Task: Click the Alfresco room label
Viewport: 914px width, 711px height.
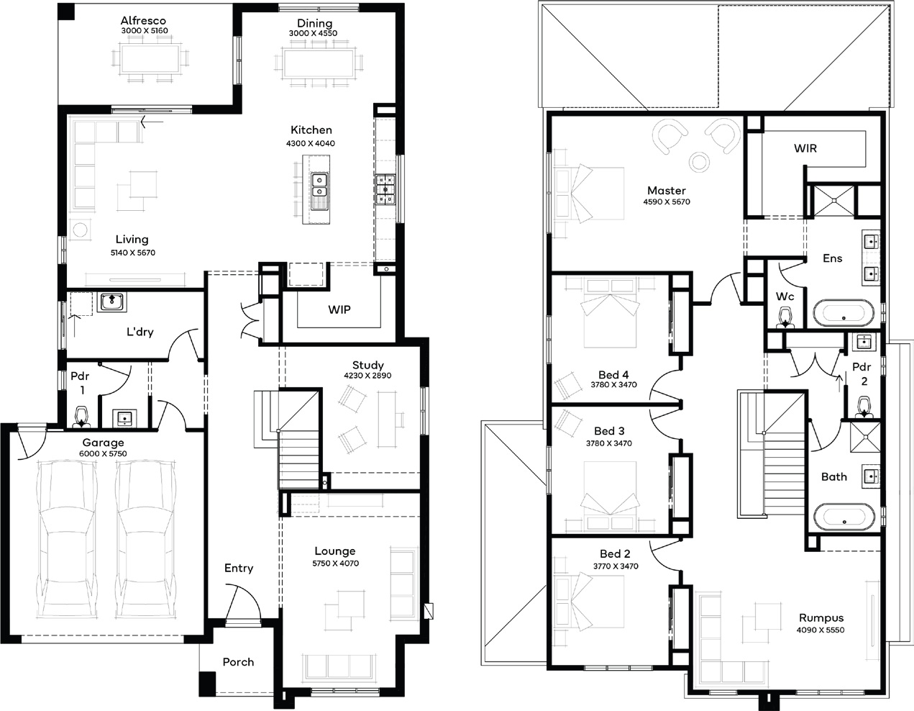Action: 143,20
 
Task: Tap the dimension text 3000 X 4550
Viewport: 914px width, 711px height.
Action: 313,33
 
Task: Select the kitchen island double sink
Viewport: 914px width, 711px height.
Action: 319,186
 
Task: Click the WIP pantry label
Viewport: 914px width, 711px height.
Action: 339,309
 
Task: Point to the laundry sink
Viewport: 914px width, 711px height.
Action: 112,302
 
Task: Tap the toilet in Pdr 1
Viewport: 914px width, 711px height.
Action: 81,417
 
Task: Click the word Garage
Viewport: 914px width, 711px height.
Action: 103,443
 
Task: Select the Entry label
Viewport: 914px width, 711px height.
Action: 239,569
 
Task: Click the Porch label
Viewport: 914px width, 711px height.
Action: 238,662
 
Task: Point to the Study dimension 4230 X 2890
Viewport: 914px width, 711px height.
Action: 367,375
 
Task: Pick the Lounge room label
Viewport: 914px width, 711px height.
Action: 335,551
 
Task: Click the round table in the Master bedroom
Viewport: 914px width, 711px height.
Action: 699,161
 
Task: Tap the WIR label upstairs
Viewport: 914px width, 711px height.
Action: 805,148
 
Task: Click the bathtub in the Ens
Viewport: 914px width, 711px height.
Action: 844,312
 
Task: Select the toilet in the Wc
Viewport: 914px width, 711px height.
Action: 785,317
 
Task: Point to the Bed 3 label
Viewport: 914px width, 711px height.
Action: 609,431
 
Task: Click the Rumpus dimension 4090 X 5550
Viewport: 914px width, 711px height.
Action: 821,630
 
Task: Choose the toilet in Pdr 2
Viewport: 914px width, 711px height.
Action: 864,407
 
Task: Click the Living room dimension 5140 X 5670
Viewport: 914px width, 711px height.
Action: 133,253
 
